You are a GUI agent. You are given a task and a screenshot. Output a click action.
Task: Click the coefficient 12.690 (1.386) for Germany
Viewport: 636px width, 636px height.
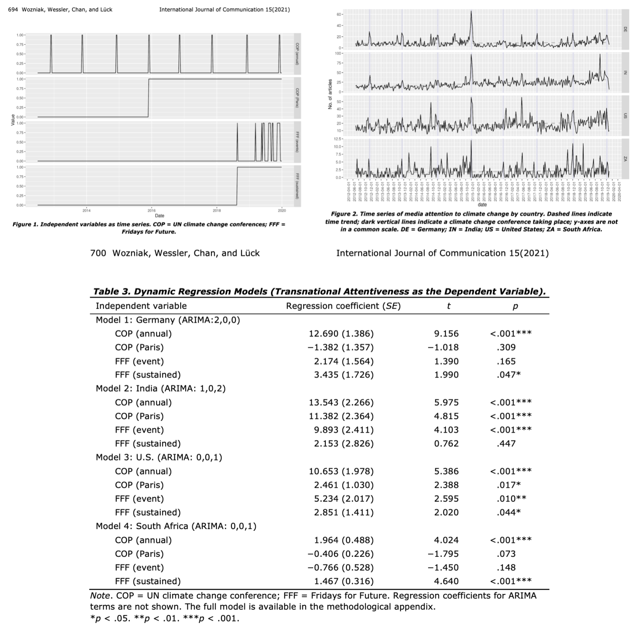[x=341, y=334]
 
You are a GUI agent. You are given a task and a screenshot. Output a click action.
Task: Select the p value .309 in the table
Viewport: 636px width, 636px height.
[x=506, y=348]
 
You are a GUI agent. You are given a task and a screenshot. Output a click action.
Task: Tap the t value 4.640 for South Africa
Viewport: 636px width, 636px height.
[x=446, y=581]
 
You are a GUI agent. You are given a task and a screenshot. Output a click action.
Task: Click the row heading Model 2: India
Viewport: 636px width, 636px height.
[x=160, y=389]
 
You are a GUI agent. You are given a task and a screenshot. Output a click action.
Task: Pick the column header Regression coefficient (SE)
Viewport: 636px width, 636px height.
[x=343, y=306]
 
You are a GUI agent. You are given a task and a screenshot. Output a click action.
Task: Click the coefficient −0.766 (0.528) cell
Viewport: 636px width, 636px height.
[x=341, y=567]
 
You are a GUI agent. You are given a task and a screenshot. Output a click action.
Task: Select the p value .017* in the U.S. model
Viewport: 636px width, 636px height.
[x=508, y=485]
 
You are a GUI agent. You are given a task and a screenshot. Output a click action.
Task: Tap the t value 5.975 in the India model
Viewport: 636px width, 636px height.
[x=446, y=402]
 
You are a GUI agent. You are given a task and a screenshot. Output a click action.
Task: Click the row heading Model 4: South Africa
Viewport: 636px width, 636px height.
[x=176, y=526]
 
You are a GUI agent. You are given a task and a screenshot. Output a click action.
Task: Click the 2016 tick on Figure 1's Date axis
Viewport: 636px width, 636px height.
[x=152, y=210]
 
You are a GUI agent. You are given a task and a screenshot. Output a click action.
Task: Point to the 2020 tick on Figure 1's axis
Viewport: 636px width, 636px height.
[x=282, y=210]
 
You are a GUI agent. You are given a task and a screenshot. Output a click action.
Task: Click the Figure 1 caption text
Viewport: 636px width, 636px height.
[x=149, y=228]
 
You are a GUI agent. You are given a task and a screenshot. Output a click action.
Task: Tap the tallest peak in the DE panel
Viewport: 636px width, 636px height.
[x=471, y=12]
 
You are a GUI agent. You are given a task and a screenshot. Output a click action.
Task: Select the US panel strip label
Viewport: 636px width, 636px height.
[x=625, y=116]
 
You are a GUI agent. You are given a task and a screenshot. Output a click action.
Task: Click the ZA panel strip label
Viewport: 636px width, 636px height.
[x=625, y=159]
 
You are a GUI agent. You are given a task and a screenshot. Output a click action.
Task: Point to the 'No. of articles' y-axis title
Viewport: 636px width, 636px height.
[x=330, y=95]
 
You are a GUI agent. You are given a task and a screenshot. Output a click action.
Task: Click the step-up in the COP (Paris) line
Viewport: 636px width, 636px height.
[x=149, y=98]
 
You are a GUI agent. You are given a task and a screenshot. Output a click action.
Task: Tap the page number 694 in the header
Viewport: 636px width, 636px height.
[x=13, y=10]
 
